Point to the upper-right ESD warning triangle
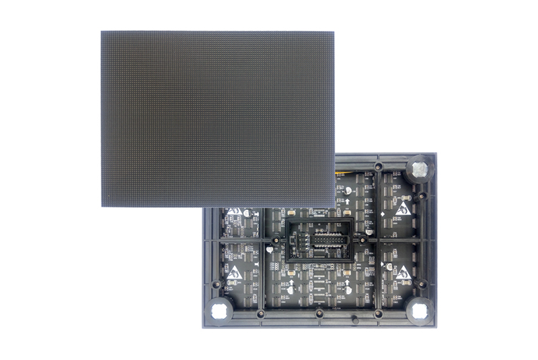click(403, 208)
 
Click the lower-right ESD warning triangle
click(403, 273)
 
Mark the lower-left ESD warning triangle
click(235, 273)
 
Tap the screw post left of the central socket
click(276, 239)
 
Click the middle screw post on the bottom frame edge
click(319, 314)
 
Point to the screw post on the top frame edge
click(379, 166)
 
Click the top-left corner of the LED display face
click(102, 32)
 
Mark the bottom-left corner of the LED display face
click(102, 206)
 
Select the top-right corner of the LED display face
click(334, 32)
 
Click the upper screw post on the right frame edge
click(422, 196)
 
